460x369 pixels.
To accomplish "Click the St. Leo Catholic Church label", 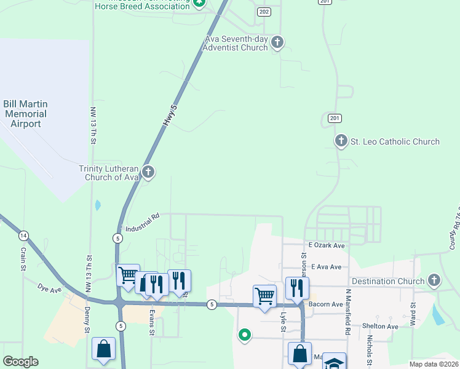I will [395, 141].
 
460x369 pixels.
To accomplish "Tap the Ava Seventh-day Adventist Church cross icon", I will [277, 42].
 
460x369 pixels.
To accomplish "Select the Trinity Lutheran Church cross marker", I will [148, 172].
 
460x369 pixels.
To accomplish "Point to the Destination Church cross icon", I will [434, 281].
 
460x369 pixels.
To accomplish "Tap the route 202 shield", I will [264, 12].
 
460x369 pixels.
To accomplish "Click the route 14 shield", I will [23, 236].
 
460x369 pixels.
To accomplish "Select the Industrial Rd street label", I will [143, 223].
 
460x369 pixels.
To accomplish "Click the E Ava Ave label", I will [326, 267].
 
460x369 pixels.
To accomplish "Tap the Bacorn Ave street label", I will [325, 304].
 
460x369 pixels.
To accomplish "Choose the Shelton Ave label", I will [379, 326].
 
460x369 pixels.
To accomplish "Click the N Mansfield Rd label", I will [347, 312].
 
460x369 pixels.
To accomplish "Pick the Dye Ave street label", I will [50, 287].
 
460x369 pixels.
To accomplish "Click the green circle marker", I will [245, 335].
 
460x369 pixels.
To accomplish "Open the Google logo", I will [20, 362].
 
